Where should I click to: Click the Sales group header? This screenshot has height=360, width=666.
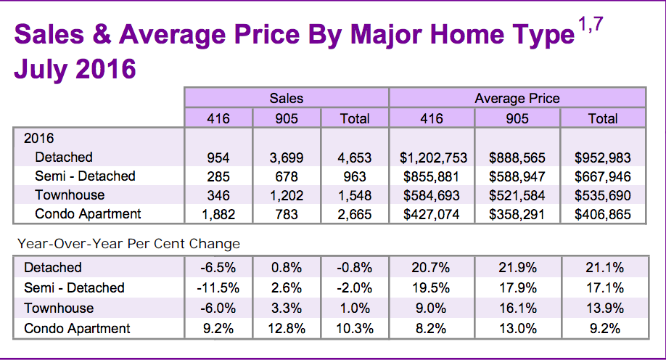tap(287, 98)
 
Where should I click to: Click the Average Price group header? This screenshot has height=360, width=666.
tap(517, 98)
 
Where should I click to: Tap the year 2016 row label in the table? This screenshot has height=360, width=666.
tap(40, 138)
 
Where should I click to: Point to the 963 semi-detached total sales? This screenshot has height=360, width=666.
tap(355, 176)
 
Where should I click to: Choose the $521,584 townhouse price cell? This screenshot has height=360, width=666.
tap(517, 195)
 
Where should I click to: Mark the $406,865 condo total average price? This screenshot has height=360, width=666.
tap(603, 214)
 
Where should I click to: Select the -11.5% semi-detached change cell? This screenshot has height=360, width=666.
tap(218, 287)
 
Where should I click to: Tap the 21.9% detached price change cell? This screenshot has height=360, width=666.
tap(517, 268)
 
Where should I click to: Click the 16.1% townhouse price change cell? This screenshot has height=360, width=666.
tap(517, 308)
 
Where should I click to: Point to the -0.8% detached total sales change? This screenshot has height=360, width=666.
tap(355, 268)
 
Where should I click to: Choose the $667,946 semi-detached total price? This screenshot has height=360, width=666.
tap(603, 176)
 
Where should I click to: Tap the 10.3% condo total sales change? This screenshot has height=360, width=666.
tap(355, 329)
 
